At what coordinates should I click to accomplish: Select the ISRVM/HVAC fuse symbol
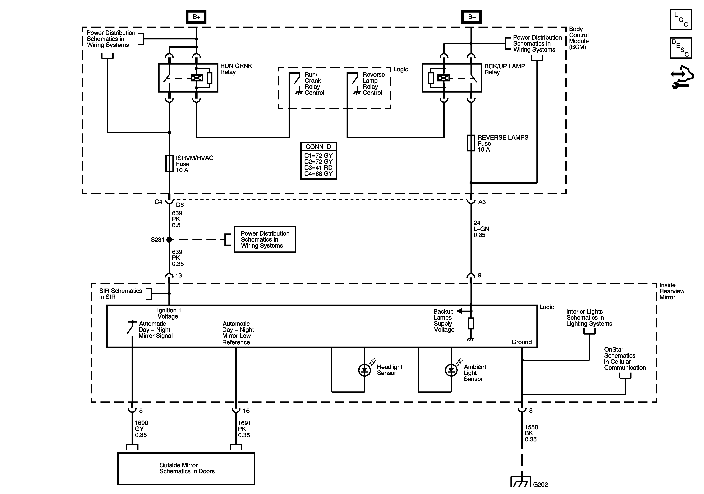(169, 163)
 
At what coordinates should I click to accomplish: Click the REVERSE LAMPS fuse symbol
(471, 143)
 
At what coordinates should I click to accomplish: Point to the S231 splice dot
(169, 240)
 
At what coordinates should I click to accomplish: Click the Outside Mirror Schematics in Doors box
(186, 469)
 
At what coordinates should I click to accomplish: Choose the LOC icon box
(681, 20)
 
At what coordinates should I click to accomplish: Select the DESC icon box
(681, 48)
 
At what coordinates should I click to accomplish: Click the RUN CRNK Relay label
(236, 69)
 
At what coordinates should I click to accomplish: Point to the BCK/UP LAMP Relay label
(504, 69)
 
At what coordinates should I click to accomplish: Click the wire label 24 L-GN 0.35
(481, 229)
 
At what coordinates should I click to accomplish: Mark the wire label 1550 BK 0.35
(531, 433)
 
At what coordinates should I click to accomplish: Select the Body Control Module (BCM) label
(579, 38)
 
